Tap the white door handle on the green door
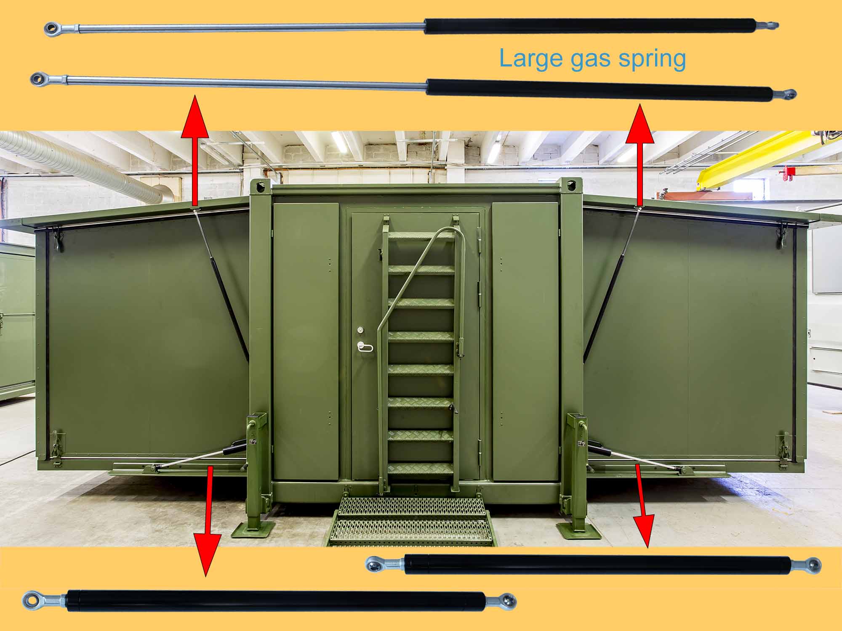pyautogui.click(x=365, y=347)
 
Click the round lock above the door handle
pyautogui.click(x=360, y=330)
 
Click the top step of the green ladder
pyautogui.click(x=421, y=236)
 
